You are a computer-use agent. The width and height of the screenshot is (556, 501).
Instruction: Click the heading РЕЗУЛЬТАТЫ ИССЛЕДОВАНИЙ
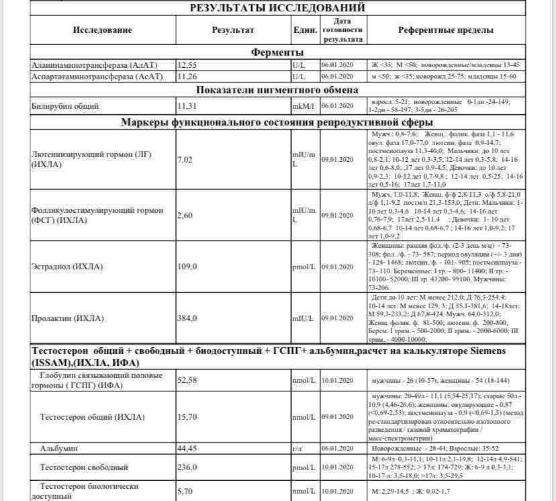click(x=277, y=8)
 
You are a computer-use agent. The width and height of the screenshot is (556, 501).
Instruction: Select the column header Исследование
click(x=103, y=30)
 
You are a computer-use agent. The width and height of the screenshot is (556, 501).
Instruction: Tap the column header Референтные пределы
click(x=445, y=30)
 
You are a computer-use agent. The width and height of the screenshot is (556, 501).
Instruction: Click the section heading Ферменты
click(x=277, y=52)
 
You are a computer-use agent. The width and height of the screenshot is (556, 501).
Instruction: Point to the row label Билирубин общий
click(x=65, y=105)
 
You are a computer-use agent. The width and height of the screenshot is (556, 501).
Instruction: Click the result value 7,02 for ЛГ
click(x=185, y=159)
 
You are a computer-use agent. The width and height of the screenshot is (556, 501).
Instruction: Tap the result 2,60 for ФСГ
click(x=185, y=215)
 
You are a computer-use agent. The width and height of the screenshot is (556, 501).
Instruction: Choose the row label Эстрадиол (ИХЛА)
click(x=67, y=267)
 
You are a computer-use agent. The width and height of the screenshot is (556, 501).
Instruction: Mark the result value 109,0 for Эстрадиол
click(x=187, y=267)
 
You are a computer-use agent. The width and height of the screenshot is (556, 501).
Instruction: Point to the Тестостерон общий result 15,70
click(x=187, y=417)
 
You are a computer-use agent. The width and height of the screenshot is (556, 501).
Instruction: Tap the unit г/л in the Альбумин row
click(x=297, y=448)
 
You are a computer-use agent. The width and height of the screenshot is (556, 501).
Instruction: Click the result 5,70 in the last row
click(x=185, y=492)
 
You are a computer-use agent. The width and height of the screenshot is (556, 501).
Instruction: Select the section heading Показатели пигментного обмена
click(x=277, y=90)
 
